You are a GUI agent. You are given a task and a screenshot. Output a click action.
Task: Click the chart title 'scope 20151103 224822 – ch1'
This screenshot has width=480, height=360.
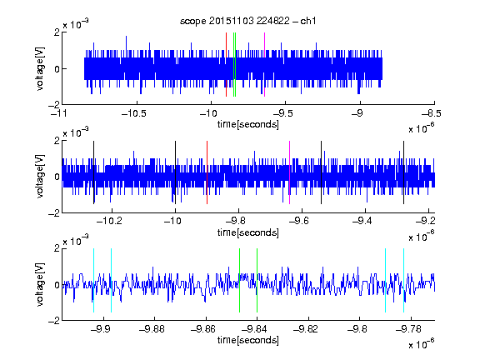pos(248,21)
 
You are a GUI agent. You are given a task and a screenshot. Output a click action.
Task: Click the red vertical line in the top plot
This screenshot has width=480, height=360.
pos(226,65)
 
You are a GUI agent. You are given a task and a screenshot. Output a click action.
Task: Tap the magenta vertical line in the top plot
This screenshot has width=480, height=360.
pos(264,65)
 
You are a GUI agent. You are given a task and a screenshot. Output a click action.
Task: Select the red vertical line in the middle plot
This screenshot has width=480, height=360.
pos(207,172)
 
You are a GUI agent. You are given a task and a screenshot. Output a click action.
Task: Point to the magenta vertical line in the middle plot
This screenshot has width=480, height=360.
pos(290,172)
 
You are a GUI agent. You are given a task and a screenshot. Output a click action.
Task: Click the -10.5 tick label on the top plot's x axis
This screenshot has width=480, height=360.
pos(134,114)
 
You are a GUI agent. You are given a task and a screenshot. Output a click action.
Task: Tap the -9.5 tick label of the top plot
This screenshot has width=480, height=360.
pos(282,114)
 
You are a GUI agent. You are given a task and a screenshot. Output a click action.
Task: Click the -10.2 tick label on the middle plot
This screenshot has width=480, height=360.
pos(109,221)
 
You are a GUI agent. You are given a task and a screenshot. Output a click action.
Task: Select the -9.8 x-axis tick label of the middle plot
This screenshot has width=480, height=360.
pos(237,221)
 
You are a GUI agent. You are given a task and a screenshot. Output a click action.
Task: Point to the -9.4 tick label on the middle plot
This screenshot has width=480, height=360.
pos(362,221)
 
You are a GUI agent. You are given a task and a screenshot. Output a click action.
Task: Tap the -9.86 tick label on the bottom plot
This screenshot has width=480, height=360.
pos(203,329)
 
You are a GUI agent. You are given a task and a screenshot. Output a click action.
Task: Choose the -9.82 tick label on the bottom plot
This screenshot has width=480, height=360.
pos(306,329)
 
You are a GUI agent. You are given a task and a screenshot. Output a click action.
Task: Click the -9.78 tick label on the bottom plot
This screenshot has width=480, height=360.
pos(408,329)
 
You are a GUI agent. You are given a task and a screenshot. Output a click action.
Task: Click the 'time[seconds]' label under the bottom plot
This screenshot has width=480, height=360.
pos(248,340)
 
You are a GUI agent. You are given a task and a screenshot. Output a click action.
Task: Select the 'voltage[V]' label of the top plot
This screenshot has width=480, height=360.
pos(40,68)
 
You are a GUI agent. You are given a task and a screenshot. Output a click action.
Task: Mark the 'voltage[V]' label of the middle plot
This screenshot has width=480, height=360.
pos(40,177)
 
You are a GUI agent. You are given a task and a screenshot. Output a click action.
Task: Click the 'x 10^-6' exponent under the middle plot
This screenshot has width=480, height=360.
pos(422,236)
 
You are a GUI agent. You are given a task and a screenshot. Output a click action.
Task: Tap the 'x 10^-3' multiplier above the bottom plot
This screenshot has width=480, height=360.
pos(76,240)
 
